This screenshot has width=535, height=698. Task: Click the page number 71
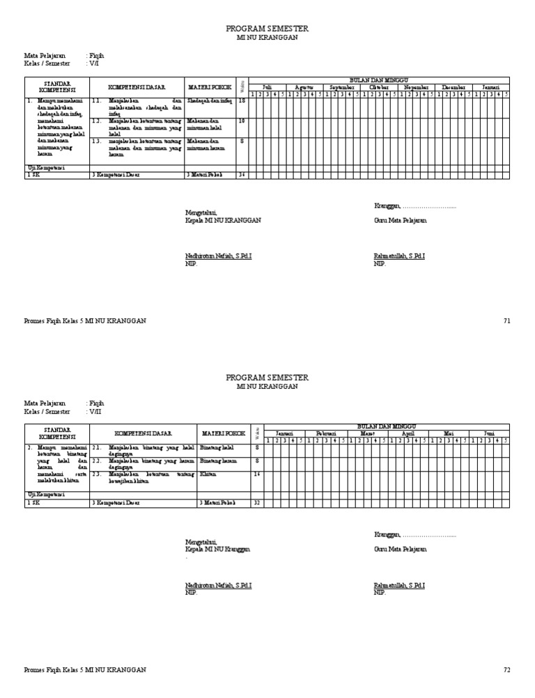click(506, 320)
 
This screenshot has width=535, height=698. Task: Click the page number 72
click(506, 670)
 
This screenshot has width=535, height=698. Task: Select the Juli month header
click(267, 87)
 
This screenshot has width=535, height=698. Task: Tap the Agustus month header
click(304, 87)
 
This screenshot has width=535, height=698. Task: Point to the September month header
click(342, 87)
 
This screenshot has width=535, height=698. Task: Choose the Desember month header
click(453, 87)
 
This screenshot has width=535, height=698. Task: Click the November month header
click(417, 87)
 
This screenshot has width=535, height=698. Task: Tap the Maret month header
click(368, 433)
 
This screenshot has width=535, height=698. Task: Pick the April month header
click(408, 433)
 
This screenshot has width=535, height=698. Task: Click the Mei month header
click(449, 433)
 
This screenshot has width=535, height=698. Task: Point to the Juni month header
click(490, 433)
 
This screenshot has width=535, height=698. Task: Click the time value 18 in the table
click(242, 101)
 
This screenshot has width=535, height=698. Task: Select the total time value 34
click(242, 175)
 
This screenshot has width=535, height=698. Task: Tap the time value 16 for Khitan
click(257, 474)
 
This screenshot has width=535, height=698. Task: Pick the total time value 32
click(257, 502)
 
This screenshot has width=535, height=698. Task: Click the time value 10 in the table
click(242, 121)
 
